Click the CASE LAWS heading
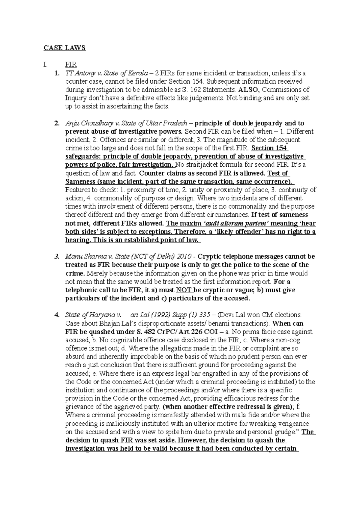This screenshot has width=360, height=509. [x=65, y=48]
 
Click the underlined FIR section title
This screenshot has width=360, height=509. [x=71, y=64]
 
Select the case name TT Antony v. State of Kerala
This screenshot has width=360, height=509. [x=106, y=73]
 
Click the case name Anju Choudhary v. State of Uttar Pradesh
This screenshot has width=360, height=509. [x=126, y=123]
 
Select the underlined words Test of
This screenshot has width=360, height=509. [x=278, y=173]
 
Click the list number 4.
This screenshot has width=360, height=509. [x=56, y=315]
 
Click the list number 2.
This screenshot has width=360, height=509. [x=56, y=123]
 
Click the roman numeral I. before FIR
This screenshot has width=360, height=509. [x=46, y=64]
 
